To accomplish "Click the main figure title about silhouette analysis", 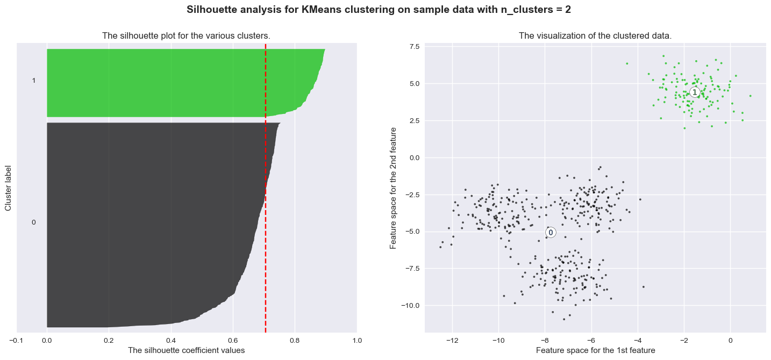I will (385, 10).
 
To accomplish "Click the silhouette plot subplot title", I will (186, 36).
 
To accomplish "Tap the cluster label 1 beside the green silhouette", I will (34, 81).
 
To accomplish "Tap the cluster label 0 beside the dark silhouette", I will (34, 222).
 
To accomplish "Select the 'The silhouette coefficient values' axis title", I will (186, 350).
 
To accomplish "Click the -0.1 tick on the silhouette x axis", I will (16, 340).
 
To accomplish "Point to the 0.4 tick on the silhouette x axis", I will (171, 340).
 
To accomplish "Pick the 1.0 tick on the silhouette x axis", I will (357, 340).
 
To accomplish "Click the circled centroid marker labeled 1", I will (695, 92).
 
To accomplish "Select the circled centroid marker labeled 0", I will (551, 232).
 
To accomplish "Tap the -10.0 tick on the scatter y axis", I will (410, 305).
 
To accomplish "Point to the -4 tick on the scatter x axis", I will (638, 340).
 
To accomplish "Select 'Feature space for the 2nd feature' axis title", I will (394, 188).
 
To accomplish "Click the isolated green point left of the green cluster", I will (627, 63).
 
